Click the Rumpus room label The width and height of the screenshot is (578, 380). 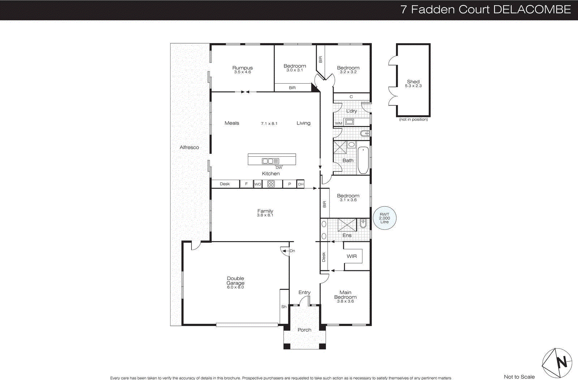(x=242, y=68)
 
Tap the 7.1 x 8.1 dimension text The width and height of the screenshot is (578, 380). (x=269, y=123)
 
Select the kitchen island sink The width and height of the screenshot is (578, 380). (x=268, y=161)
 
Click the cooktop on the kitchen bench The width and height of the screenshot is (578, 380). (x=271, y=184)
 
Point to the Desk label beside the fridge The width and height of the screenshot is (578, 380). (x=225, y=184)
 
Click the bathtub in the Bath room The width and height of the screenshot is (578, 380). (x=363, y=160)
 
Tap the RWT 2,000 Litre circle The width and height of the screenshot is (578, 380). (x=384, y=218)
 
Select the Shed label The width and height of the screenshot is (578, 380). (x=413, y=82)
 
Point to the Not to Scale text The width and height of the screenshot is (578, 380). (x=519, y=377)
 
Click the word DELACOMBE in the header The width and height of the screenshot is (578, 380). (x=532, y=9)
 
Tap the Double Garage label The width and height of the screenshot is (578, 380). (x=236, y=281)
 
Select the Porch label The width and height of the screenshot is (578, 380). (x=305, y=330)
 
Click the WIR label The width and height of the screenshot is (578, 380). (x=351, y=256)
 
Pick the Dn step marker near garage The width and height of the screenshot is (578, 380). (x=292, y=251)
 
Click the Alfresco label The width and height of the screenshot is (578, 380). (x=189, y=147)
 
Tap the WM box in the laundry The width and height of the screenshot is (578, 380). (x=338, y=123)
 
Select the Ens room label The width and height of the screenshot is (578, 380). (x=347, y=235)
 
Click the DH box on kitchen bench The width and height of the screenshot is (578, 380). (x=301, y=184)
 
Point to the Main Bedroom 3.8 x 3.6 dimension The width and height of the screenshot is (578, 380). (x=345, y=301)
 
